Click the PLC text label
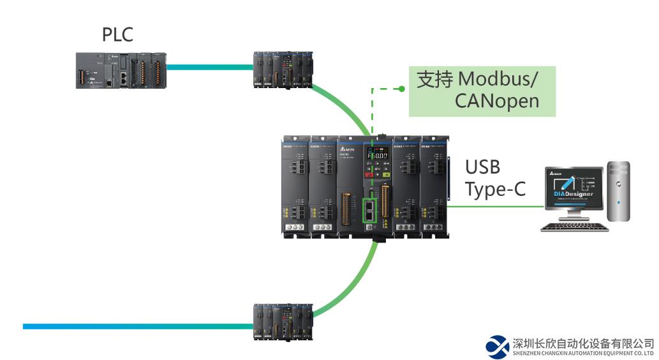click(x=118, y=35)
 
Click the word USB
click(x=482, y=168)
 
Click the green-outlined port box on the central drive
click(x=371, y=211)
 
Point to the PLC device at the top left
click(x=120, y=70)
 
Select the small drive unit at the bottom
click(x=283, y=321)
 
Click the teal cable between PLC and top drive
click(x=208, y=66)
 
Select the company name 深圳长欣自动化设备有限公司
click(x=583, y=342)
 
